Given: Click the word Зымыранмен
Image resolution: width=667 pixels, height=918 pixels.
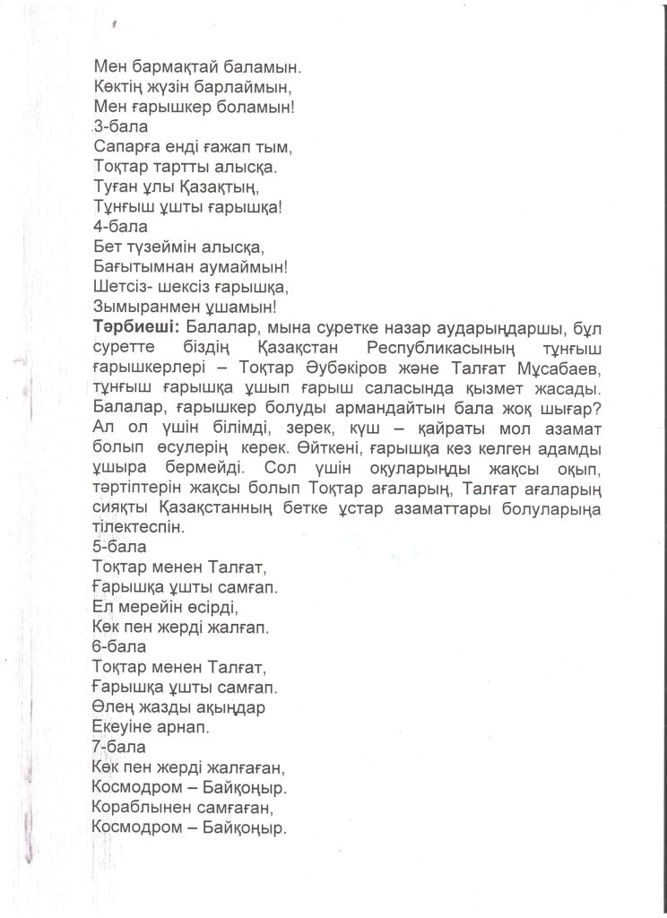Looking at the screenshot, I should (x=150, y=307).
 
